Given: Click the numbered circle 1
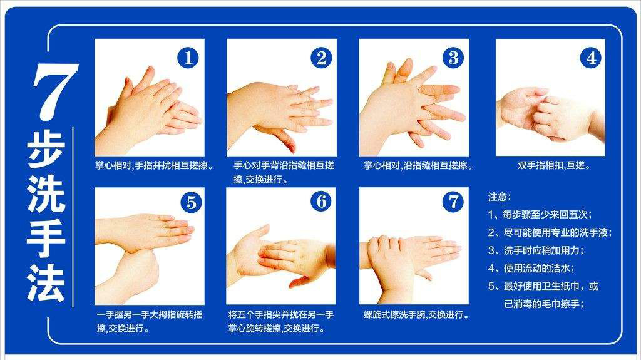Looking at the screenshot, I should coord(188,58).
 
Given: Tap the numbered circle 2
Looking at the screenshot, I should coord(321,58).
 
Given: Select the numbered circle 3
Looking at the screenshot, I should coord(453,58).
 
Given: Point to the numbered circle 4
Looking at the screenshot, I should coord(590,58).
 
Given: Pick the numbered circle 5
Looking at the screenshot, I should coord(191,202).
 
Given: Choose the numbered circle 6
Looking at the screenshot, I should coord(321,201).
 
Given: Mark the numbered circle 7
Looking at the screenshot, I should coord(453,201).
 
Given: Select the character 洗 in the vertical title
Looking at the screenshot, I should coord(46,198).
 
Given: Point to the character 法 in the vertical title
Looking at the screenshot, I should coord(46,281).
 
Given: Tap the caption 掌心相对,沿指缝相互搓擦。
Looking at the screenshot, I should coord(418,166).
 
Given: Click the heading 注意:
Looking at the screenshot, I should coord(500,197).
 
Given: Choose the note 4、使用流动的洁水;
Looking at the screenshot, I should coord(531,268).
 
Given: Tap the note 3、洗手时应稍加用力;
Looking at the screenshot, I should coord(535,250).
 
